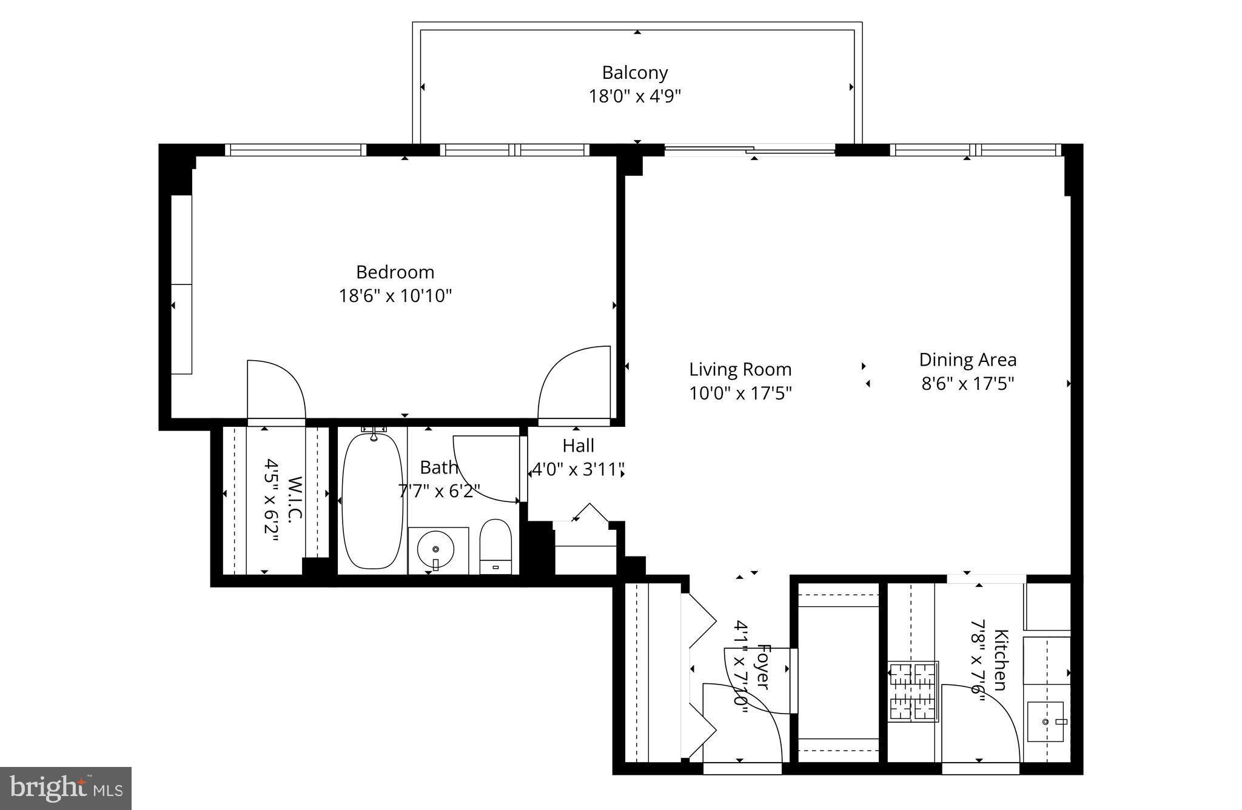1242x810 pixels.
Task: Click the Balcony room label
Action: (x=634, y=73)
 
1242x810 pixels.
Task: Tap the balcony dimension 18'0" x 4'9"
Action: (x=634, y=96)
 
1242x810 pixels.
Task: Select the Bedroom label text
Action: (x=395, y=272)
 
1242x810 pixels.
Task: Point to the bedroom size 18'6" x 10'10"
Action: (x=395, y=296)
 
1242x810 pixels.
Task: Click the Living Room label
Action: (x=740, y=369)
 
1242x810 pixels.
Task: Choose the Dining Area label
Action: (x=967, y=360)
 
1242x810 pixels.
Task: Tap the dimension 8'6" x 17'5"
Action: (x=967, y=384)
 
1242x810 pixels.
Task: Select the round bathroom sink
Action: (x=435, y=549)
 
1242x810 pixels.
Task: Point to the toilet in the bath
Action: (x=495, y=545)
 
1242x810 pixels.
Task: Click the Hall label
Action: (x=578, y=446)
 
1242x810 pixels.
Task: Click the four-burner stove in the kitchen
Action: (x=913, y=691)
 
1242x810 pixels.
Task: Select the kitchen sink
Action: (x=1046, y=721)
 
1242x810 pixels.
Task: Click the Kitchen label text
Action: (x=1001, y=660)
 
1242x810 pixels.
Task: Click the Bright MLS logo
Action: (x=65, y=788)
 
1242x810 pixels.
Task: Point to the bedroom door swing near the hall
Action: (x=573, y=382)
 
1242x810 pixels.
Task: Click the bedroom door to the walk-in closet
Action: (x=276, y=388)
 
